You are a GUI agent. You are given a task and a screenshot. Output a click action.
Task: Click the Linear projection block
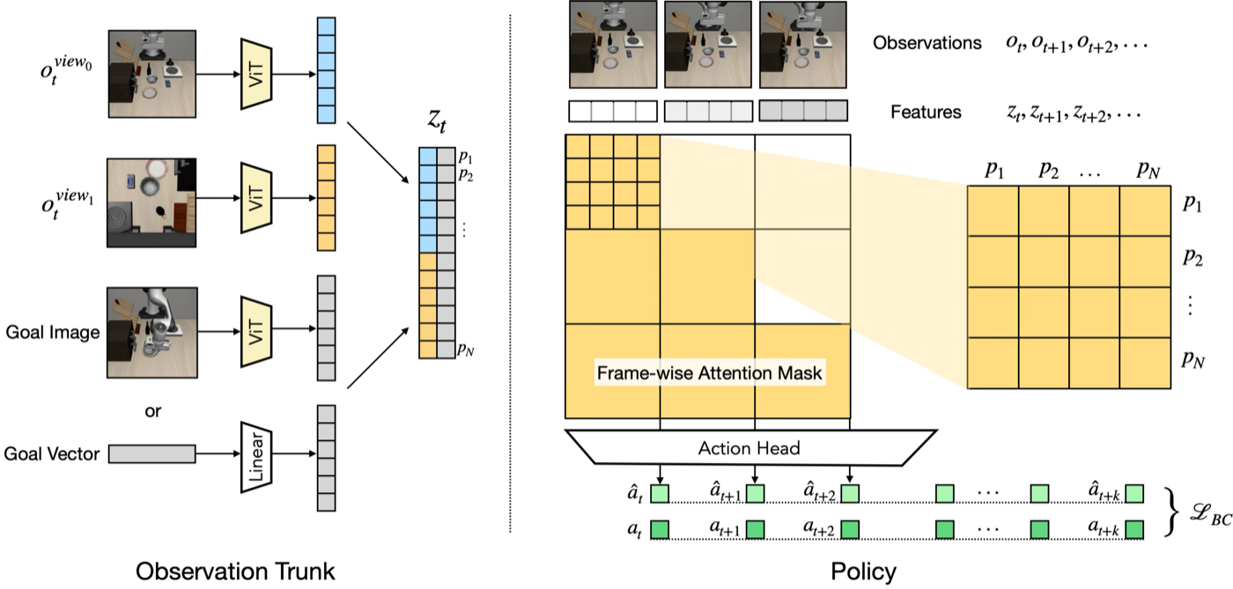tap(256, 457)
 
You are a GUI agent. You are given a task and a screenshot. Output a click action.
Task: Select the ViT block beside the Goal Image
tap(256, 331)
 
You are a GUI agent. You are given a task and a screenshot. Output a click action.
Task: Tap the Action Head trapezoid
tap(749, 447)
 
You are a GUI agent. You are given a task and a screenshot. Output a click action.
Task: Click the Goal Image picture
tap(151, 333)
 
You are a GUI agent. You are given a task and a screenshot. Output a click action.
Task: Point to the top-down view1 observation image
tap(151, 202)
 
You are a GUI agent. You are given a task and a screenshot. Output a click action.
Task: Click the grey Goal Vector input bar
tap(151, 454)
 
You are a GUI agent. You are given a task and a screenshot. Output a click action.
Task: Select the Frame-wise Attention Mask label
tap(710, 373)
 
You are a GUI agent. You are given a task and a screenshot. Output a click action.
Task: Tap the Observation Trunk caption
tap(235, 571)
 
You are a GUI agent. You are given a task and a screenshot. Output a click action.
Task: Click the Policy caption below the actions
tap(863, 572)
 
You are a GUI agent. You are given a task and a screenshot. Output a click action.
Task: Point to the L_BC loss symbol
tap(1210, 514)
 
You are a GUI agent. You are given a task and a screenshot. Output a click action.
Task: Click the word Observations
tap(927, 43)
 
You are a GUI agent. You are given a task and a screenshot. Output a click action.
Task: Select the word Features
tap(926, 112)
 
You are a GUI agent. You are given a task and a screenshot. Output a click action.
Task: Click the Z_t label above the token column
tap(437, 121)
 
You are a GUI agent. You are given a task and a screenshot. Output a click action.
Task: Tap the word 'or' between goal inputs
tap(153, 411)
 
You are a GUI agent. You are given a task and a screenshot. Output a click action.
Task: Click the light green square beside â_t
tap(660, 493)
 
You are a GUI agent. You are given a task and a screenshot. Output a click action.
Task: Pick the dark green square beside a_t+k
tap(1134, 529)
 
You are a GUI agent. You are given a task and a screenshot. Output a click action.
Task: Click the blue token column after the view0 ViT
tap(327, 70)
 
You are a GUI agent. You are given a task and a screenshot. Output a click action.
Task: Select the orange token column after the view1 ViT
tap(327, 198)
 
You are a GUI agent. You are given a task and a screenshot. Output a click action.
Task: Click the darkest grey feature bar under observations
tap(803, 111)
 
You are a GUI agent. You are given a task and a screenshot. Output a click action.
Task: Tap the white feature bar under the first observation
tap(613, 111)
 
